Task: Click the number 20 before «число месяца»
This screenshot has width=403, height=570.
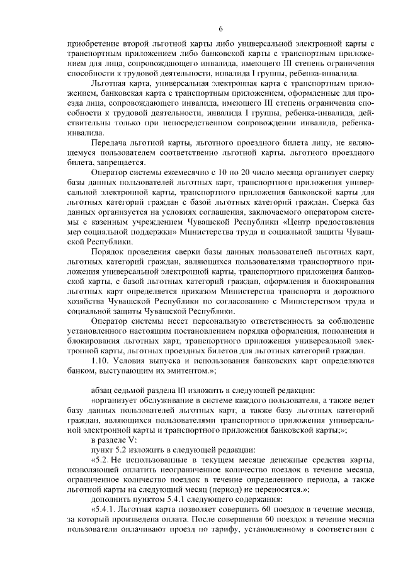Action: click(x=244, y=173)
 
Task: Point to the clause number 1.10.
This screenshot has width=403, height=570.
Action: click(x=101, y=361)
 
